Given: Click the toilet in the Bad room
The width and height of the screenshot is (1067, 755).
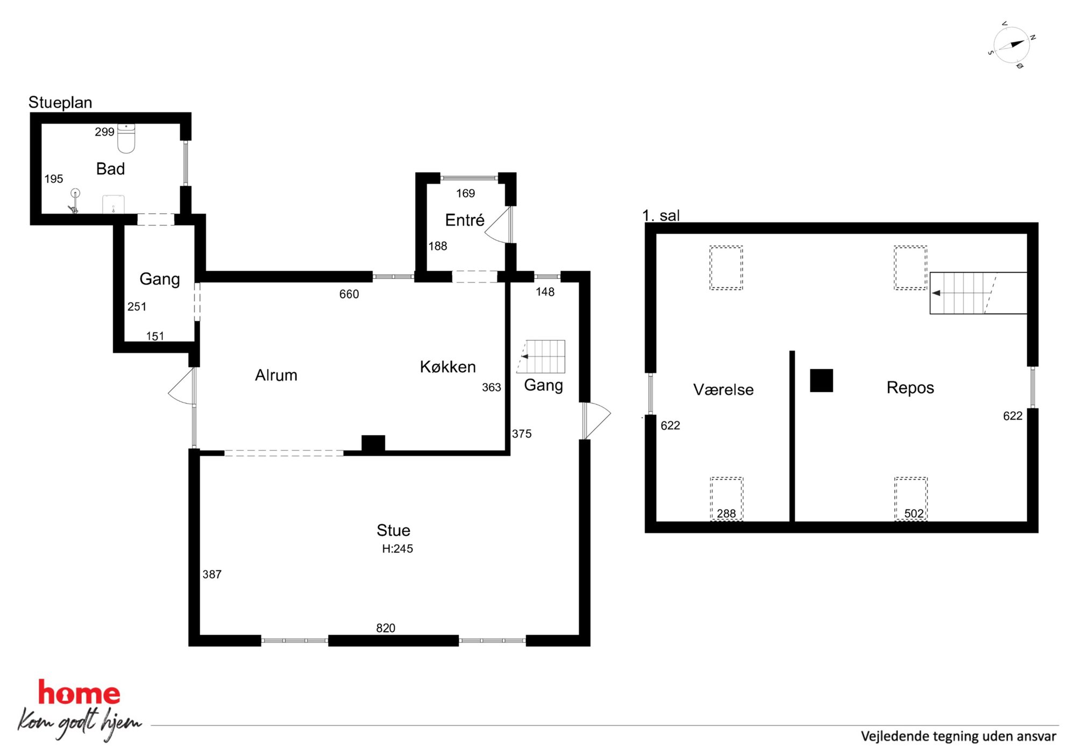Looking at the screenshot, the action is (126, 138).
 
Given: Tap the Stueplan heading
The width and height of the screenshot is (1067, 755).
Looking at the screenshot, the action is (60, 102).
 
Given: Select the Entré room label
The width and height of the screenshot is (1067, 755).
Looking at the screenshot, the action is (465, 220).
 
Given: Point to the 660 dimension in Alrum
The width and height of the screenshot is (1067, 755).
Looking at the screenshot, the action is (349, 294).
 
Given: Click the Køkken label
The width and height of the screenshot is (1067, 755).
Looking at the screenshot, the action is (448, 367).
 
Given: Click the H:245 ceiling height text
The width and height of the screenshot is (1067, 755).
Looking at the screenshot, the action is (397, 549).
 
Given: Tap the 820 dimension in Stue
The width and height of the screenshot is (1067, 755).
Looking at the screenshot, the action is (386, 628).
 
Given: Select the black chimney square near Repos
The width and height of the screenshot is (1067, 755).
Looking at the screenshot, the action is (821, 380).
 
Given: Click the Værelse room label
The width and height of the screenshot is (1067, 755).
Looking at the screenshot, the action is (723, 390).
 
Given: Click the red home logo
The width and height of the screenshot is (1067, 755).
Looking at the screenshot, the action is (79, 693).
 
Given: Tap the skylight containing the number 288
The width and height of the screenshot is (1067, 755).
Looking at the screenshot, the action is (727, 499).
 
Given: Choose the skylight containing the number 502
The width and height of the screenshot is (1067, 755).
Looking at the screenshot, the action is (911, 499).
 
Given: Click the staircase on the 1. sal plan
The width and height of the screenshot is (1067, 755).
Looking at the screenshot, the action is (978, 293).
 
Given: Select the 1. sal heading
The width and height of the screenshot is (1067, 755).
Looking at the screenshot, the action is (661, 215).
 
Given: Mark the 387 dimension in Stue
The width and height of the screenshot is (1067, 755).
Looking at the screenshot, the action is (212, 574).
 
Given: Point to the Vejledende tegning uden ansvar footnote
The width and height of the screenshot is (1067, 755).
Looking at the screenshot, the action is (958, 736).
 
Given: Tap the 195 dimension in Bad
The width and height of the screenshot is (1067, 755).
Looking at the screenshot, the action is (54, 179).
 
